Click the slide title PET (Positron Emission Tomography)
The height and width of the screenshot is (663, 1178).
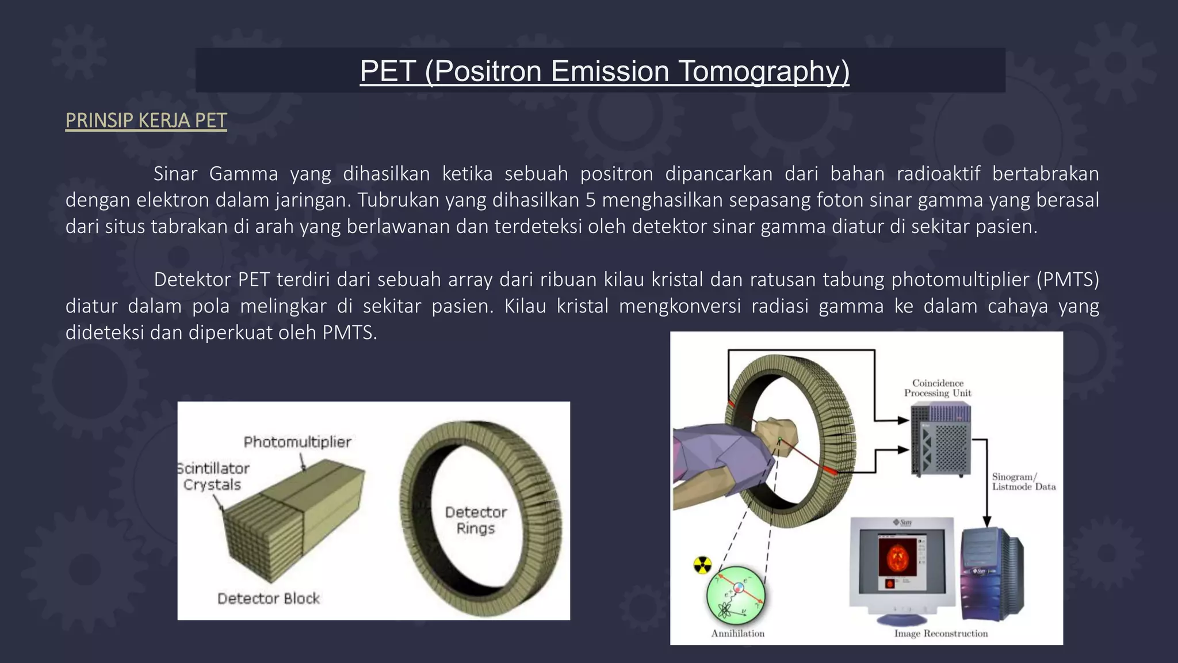click(x=604, y=71)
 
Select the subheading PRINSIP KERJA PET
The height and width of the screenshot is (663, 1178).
click(x=146, y=120)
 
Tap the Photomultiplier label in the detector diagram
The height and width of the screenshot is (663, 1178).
click(x=297, y=442)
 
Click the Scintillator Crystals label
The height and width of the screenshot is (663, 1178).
click(x=213, y=477)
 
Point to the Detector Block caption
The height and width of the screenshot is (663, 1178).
click(x=269, y=599)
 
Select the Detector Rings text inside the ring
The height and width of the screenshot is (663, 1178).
click(x=476, y=520)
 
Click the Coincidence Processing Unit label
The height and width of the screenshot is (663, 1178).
click(x=938, y=388)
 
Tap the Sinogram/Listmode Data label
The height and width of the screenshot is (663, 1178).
click(x=1024, y=482)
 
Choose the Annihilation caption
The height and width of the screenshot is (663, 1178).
click(x=738, y=634)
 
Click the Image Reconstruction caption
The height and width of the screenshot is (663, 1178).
click(x=941, y=634)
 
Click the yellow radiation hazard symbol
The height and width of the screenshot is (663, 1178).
click(x=702, y=565)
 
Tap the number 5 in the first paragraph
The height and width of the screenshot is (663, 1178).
click(x=591, y=200)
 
